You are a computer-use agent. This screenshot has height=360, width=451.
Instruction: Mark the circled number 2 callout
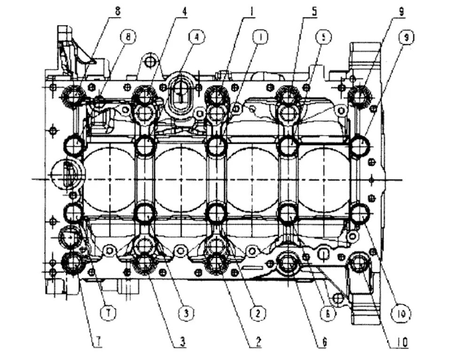tap(258, 312)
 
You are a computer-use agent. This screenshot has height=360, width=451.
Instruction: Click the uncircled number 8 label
tap(117, 10)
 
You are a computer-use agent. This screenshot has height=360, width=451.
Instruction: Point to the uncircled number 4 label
tap(185, 10)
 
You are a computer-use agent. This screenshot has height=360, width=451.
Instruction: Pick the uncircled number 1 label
tap(252, 10)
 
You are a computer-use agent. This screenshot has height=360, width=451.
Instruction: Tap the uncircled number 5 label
tap(314, 10)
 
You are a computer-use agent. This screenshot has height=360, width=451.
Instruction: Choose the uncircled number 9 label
tap(401, 11)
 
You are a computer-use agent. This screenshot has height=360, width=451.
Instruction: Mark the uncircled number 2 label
tap(257, 342)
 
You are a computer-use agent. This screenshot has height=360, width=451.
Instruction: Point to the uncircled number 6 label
tap(323, 342)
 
